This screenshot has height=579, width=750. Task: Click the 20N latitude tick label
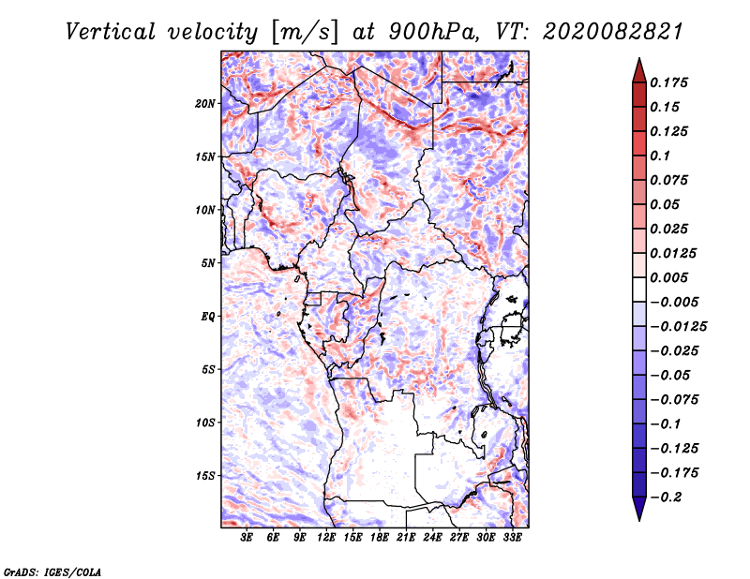[205, 103]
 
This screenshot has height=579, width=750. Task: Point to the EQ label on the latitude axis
[208, 317]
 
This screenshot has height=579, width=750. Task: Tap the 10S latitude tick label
[205, 423]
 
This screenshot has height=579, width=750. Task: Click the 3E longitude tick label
[247, 538]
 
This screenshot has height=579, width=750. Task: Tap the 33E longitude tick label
[513, 538]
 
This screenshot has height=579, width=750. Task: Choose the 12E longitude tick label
[327, 538]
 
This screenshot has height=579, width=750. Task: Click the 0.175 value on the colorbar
[671, 82]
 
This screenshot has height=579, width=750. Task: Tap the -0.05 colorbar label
[671, 375]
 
